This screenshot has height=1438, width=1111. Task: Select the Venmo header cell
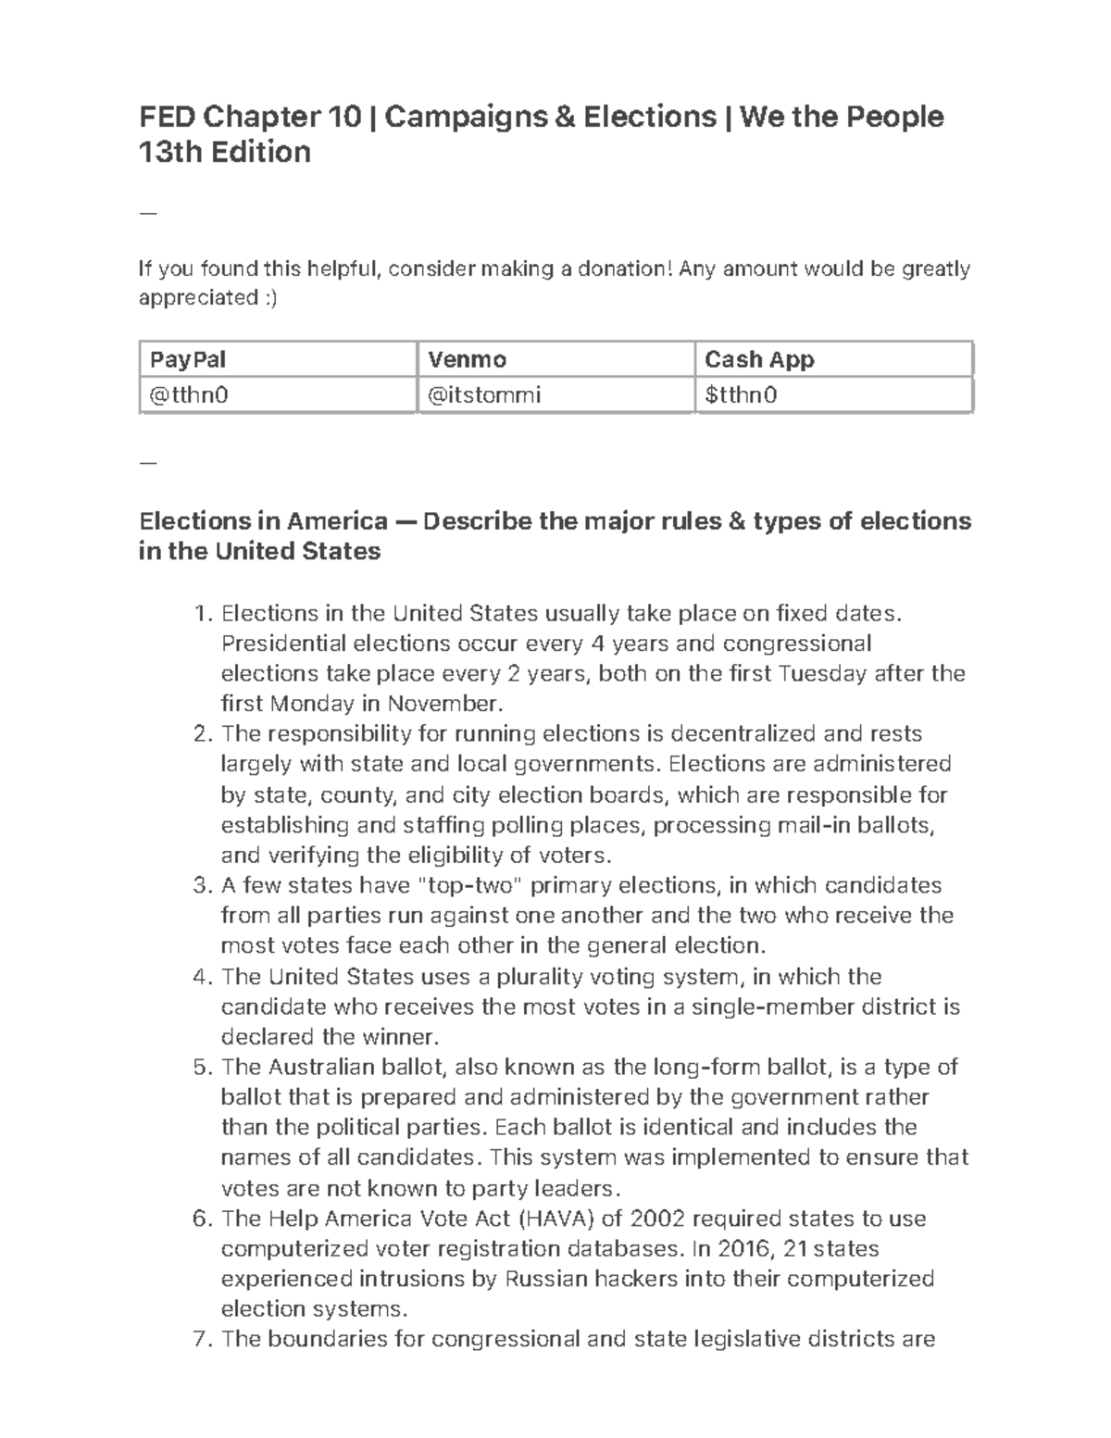pyautogui.click(x=467, y=359)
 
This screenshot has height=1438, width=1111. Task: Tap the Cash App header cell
pyautogui.click(x=759, y=359)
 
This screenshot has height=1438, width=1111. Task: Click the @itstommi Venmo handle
pyautogui.click(x=484, y=395)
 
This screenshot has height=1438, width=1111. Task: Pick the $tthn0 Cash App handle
pyautogui.click(x=741, y=395)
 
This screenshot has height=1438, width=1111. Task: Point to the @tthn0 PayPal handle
pyautogui.click(x=189, y=395)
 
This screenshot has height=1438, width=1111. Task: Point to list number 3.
pyautogui.click(x=203, y=885)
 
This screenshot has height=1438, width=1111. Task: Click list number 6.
pyautogui.click(x=203, y=1219)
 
